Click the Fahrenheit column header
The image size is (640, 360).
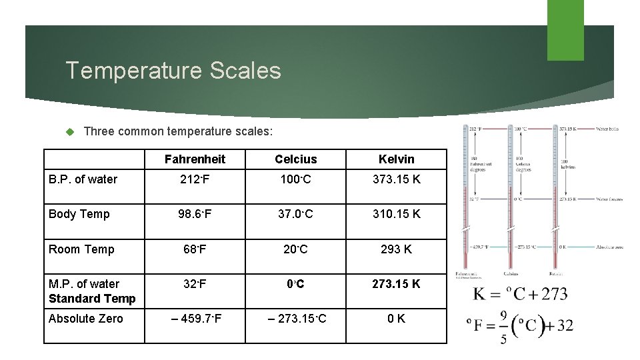click(195, 159)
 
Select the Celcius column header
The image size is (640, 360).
click(295, 159)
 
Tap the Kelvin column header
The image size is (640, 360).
click(396, 159)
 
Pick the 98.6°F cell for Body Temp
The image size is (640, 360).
click(195, 214)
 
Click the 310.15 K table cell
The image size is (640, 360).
click(396, 214)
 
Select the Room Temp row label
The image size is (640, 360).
click(81, 249)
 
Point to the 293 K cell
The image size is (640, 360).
click(396, 249)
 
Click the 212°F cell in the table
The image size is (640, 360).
click(195, 179)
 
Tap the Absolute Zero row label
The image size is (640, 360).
click(86, 319)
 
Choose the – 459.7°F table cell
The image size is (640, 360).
click(195, 319)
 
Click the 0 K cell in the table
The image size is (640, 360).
click(396, 319)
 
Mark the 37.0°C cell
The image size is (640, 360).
click(295, 214)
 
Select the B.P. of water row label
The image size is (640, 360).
click(83, 179)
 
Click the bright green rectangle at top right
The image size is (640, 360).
click(565, 29)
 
